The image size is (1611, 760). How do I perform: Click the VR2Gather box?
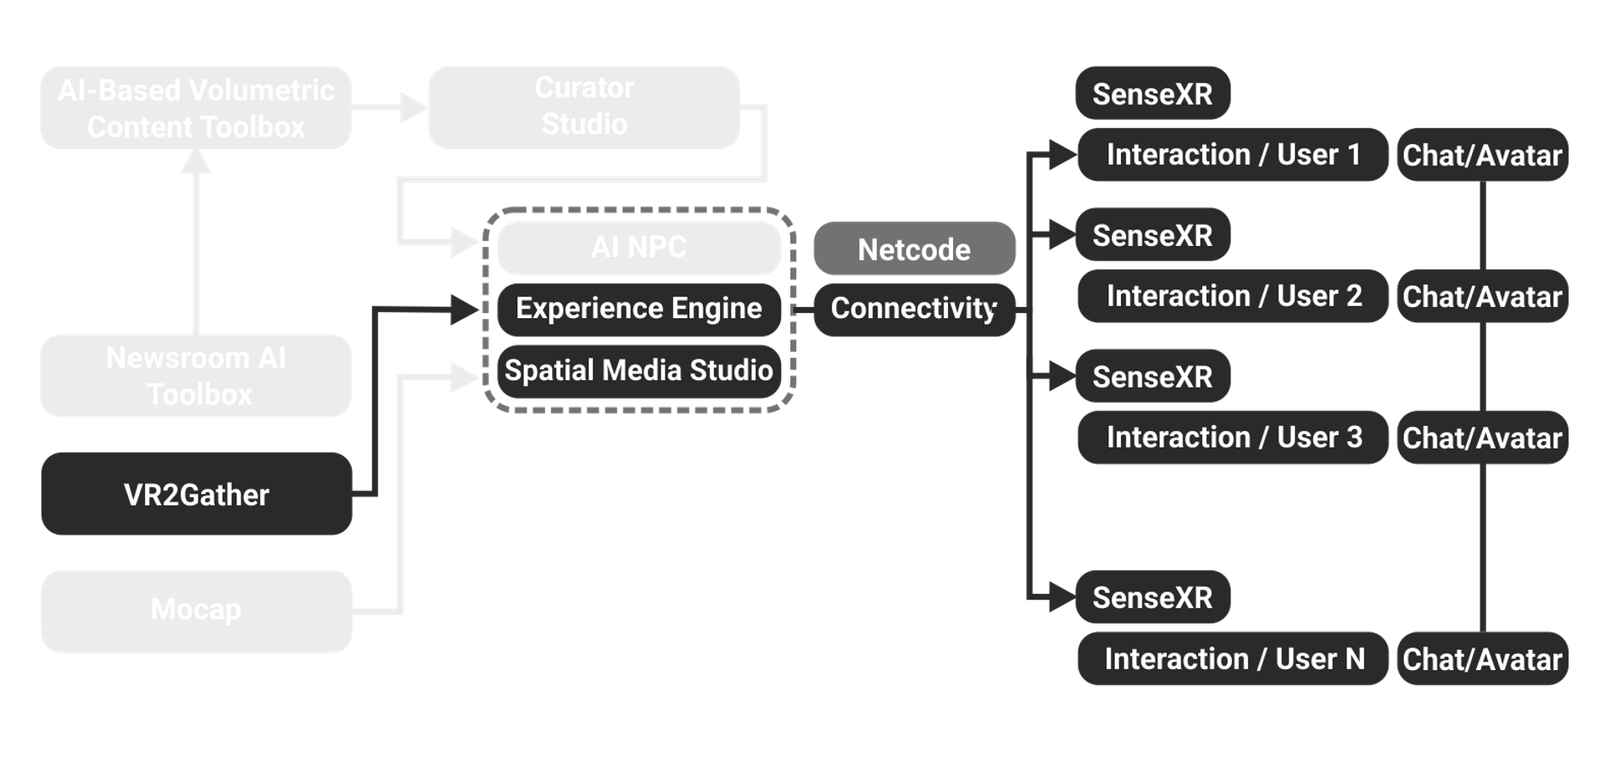coord(197,495)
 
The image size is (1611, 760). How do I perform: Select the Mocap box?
coord(197,611)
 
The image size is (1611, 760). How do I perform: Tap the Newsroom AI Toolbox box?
coord(197,376)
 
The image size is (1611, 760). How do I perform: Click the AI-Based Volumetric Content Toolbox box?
coord(197,108)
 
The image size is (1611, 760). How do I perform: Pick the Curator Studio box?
coord(584,107)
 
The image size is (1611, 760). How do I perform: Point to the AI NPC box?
coord(639,248)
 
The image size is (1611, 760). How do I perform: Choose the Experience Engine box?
coord(639,309)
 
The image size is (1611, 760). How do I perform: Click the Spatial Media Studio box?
coord(639,371)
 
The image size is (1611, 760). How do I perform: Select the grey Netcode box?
coord(914,249)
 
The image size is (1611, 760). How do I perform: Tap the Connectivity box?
coord(914,309)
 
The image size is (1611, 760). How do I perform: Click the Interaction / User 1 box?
coord(1233,155)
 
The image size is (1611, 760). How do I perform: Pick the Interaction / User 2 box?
coord(1233,296)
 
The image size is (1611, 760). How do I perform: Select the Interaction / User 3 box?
coord(1233,438)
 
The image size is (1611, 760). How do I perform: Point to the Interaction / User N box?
coord(1233,659)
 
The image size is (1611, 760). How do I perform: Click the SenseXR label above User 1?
coord(1152,94)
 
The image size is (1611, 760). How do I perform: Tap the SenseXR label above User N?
coord(1152,598)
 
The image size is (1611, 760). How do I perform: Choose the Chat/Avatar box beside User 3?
coord(1482,438)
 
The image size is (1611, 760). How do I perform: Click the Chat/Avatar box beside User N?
coord(1482,659)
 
